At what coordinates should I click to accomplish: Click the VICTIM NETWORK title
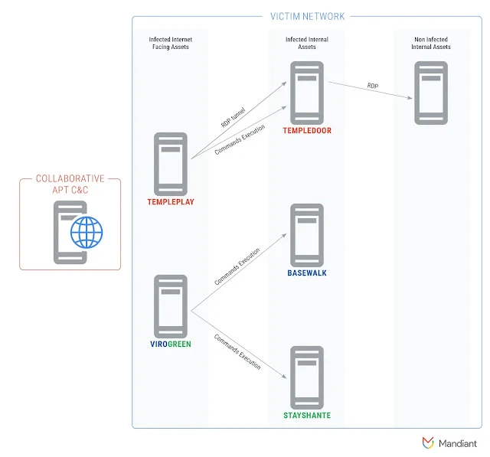pos(308,16)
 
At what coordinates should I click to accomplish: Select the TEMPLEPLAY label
pos(170,202)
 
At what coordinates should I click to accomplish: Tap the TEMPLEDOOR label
pos(306,131)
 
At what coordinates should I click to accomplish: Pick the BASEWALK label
pos(308,273)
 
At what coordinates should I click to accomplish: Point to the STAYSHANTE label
pos(306,416)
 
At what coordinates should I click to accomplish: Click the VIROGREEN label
pos(170,344)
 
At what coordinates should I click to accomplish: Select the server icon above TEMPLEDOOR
pos(306,93)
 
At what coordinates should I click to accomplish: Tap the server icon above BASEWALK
pos(306,234)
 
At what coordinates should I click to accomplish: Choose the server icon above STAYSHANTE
pos(306,377)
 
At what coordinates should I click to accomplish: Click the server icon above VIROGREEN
pos(170,305)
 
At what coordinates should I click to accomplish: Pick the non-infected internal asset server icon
pos(431,93)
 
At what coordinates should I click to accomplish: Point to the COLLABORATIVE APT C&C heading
pos(70,184)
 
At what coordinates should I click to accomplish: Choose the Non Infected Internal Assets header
pos(431,44)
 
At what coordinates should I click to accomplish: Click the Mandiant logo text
pos(458,442)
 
